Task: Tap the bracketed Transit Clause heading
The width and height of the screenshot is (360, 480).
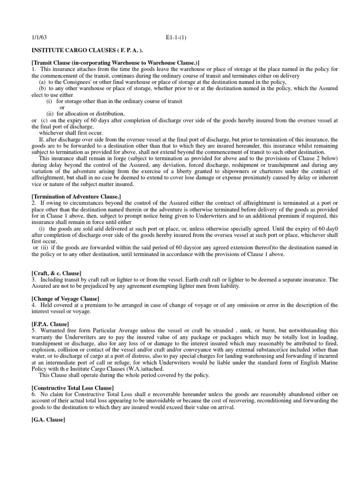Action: point(115,62)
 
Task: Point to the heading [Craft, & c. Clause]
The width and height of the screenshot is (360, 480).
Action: point(56,273)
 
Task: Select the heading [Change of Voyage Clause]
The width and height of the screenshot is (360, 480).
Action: point(65,299)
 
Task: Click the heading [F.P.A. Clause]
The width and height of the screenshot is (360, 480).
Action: point(50,324)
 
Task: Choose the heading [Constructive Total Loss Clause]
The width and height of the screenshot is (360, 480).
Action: point(73,388)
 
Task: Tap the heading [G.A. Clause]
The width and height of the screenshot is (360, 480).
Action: point(48,420)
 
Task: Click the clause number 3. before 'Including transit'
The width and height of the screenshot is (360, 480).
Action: point(34,279)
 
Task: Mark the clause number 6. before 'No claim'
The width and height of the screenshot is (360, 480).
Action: point(34,394)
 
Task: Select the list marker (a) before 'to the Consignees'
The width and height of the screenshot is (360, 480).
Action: point(42,82)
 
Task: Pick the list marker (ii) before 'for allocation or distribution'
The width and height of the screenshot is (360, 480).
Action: point(50,113)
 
